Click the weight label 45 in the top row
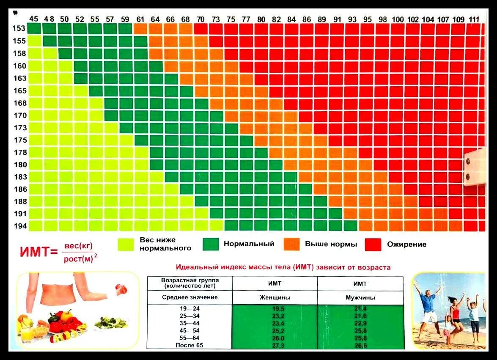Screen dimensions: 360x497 (x=34, y=19)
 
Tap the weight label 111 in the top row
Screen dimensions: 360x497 (x=474, y=19)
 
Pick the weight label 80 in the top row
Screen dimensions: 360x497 (x=261, y=19)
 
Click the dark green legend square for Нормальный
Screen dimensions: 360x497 (x=211, y=244)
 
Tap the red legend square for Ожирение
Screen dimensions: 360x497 (x=373, y=244)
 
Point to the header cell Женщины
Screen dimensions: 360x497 (x=275, y=297)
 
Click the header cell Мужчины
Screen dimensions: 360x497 (x=360, y=297)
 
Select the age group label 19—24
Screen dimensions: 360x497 (x=189, y=309)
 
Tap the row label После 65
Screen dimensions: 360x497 (x=189, y=346)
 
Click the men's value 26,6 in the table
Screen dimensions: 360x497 (x=360, y=346)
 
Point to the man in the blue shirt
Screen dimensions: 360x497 (x=428, y=309)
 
